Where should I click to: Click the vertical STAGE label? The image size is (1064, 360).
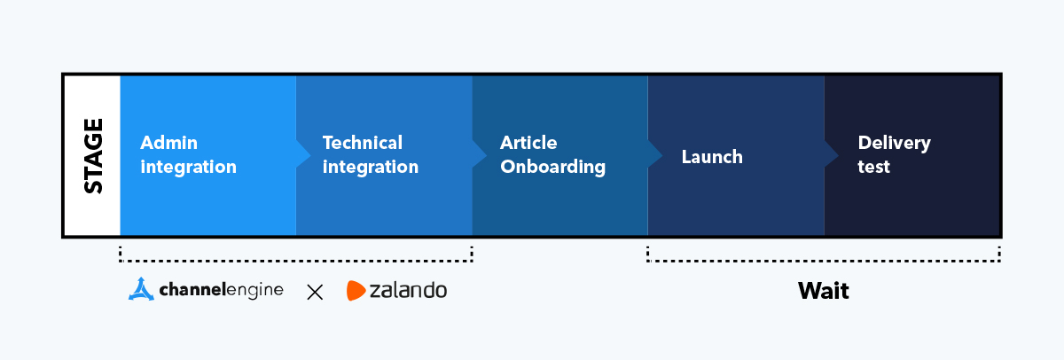pyautogui.click(x=92, y=156)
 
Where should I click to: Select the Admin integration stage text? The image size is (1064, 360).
pyautogui.click(x=188, y=155)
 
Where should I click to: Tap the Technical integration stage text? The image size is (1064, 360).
pyautogui.click(x=370, y=155)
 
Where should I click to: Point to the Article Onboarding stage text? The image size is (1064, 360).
pyautogui.click(x=552, y=155)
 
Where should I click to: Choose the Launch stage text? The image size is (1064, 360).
pyautogui.click(x=712, y=157)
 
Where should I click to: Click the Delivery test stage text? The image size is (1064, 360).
pyautogui.click(x=894, y=155)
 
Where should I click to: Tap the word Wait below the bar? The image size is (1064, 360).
pyautogui.click(x=823, y=291)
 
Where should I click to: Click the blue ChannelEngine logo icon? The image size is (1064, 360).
pyautogui.click(x=142, y=290)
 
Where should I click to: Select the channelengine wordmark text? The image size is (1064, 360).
pyautogui.click(x=222, y=290)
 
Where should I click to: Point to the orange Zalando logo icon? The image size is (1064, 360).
pyautogui.click(x=356, y=290)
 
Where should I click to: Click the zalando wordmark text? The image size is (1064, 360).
pyautogui.click(x=409, y=290)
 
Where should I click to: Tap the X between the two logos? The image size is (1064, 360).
pyautogui.click(x=315, y=292)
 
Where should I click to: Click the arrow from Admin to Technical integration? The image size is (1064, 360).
pyautogui.click(x=303, y=155)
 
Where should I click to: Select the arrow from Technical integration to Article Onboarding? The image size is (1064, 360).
pyautogui.click(x=480, y=155)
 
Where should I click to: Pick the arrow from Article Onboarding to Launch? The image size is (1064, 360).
pyautogui.click(x=655, y=155)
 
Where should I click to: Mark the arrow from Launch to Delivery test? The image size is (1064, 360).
pyautogui.click(x=832, y=155)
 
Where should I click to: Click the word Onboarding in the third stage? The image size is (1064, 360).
pyautogui.click(x=552, y=167)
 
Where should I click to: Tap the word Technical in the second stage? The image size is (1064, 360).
pyautogui.click(x=362, y=143)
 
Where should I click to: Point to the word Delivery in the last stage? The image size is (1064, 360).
pyautogui.click(x=894, y=143)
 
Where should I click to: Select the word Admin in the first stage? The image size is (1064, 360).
pyautogui.click(x=168, y=143)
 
